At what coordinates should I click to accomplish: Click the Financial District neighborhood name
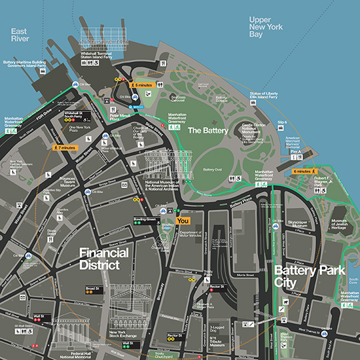[99, 259]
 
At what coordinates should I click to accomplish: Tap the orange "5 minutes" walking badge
[144, 85]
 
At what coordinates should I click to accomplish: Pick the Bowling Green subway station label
[145, 219]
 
